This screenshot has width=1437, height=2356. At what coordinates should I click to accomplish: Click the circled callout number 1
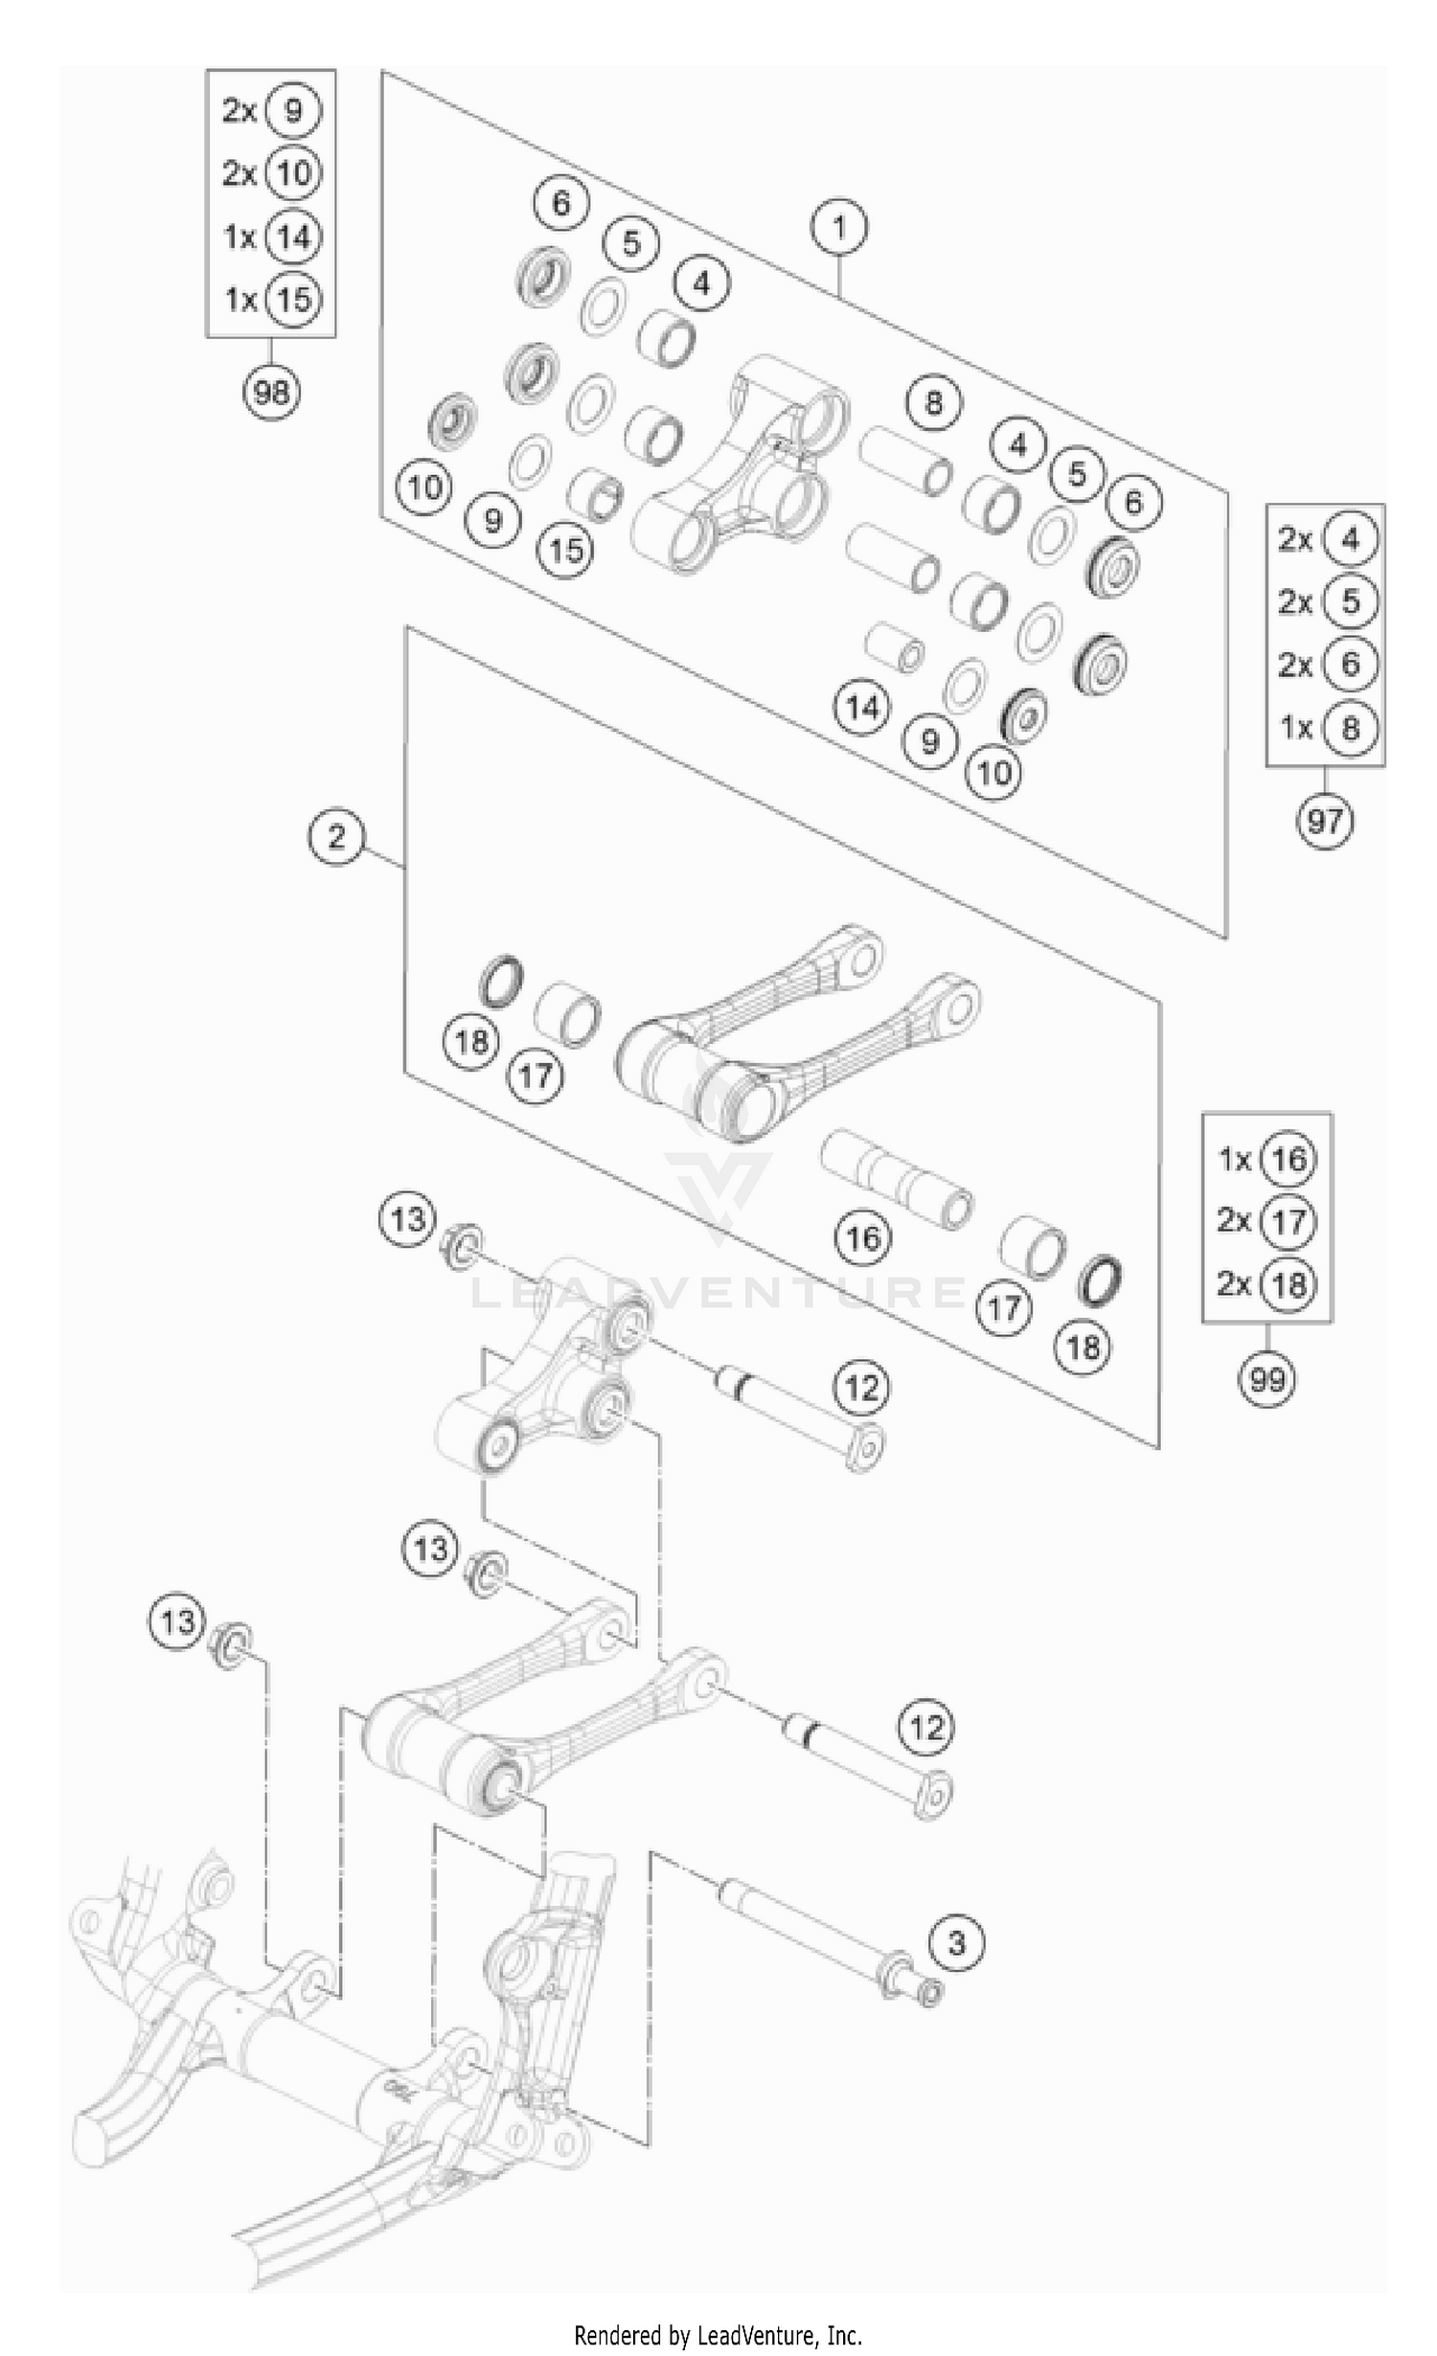coord(838,228)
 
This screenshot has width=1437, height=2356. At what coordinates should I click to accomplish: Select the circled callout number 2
coord(336,837)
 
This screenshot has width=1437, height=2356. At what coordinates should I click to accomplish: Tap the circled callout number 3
coord(955,1943)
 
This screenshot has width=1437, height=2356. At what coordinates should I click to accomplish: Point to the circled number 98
coord(271,392)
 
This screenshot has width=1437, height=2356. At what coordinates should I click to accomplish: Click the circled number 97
coord(1325,821)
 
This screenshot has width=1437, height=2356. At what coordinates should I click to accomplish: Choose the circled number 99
coord(1266,1379)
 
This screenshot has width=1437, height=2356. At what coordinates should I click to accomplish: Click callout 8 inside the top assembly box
coord(933,402)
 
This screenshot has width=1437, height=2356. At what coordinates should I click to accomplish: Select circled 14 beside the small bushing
coord(862,708)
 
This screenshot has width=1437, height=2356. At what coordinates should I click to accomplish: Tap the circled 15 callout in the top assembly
coord(565,550)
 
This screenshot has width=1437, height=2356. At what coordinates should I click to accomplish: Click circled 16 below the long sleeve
coord(862,1237)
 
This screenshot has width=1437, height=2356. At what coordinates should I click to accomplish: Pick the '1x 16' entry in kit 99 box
coord(1266,1159)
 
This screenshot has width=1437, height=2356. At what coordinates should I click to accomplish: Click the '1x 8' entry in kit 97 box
coord(1326,728)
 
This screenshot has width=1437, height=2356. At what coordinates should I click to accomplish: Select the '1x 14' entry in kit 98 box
coord(271,237)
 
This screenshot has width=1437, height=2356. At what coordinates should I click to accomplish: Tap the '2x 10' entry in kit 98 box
coord(271,173)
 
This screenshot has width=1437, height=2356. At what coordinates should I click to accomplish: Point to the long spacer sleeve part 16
coord(896,1177)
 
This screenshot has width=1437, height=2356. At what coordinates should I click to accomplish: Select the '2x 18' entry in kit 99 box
coord(1266,1284)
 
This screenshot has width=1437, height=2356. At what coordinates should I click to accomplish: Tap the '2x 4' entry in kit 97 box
coord(1326,540)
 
